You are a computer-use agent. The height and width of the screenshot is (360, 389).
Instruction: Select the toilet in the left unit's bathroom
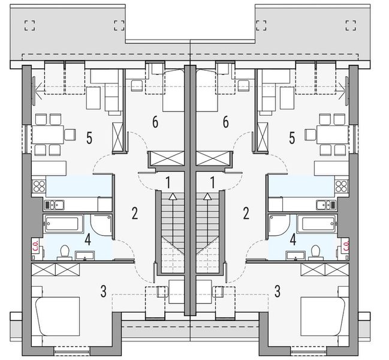[x=64, y=249]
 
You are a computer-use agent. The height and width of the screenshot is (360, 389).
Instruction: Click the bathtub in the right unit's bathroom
[x=322, y=225]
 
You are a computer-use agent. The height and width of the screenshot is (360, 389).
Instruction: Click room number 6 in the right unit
[x=225, y=122]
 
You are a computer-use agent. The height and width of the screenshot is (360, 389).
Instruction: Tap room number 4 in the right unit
[x=292, y=240]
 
